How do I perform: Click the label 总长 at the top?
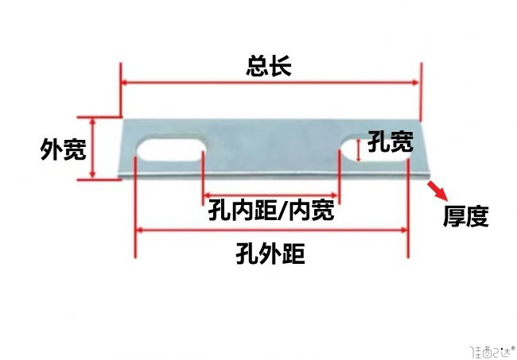click(x=269, y=65)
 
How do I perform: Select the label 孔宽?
click(x=390, y=143)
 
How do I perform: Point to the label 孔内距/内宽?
click(x=270, y=211)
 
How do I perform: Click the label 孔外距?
click(x=270, y=254)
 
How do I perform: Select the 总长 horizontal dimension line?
click(x=269, y=82)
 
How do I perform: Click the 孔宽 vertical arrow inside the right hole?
click(x=359, y=149)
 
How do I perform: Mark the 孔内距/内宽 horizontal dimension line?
click(x=271, y=193)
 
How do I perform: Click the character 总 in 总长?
click(x=257, y=65)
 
